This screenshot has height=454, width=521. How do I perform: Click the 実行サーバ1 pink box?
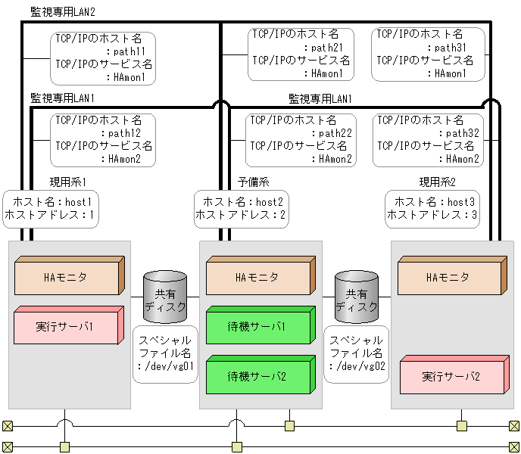click(67, 327)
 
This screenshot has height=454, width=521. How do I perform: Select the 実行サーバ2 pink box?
click(450, 376)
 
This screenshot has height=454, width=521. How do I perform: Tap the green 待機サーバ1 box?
click(257, 327)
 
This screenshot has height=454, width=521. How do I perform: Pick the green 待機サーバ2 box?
click(257, 376)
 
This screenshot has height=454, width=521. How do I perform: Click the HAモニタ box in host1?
click(67, 278)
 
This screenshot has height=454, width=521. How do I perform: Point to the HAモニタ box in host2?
click(257, 278)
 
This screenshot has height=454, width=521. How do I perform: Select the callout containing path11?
click(104, 58)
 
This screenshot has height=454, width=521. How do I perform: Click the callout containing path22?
click(301, 139)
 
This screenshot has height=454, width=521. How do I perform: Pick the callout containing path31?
click(428, 54)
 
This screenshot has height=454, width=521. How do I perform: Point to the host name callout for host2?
click(239, 209)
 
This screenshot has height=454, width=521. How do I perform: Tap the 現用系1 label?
click(68, 182)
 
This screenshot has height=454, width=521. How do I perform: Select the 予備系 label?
click(254, 182)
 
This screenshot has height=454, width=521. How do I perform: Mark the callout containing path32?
click(429, 139)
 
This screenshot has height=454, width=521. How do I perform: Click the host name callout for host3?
click(432, 209)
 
